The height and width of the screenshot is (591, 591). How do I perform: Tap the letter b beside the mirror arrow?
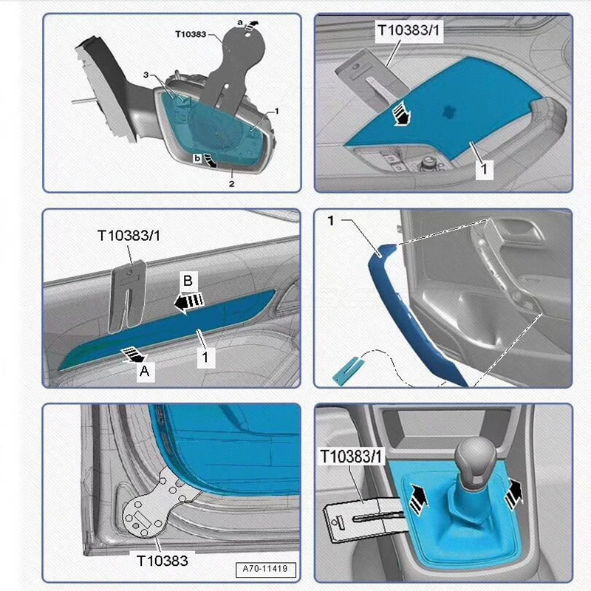coord(197,158)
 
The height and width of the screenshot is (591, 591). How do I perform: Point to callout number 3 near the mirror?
coord(146,75)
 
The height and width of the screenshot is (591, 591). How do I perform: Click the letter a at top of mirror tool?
coord(239,23)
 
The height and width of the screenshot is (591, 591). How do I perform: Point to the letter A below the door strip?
coord(145,374)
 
